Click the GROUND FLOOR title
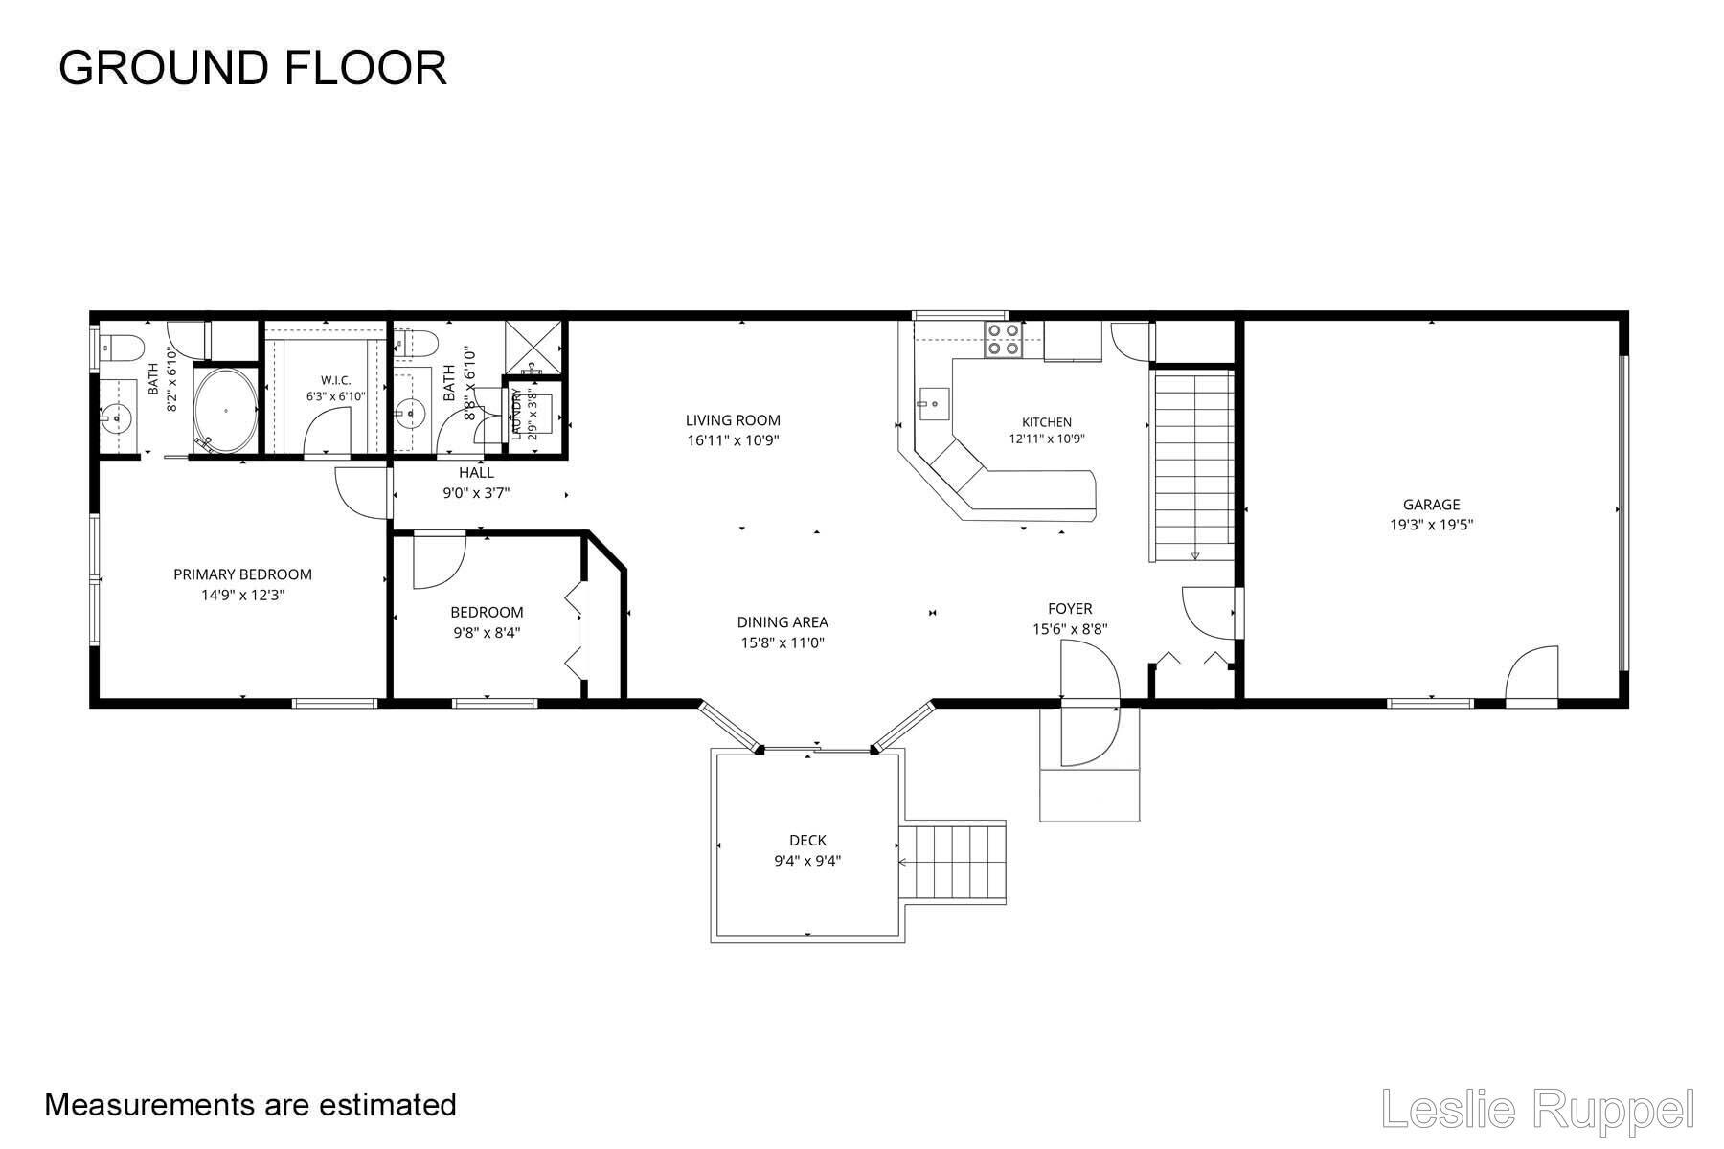pyautogui.click(x=253, y=68)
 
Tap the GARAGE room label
pyautogui.click(x=1431, y=505)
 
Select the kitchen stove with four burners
pyautogui.click(x=1003, y=339)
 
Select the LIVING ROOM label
pyautogui.click(x=733, y=419)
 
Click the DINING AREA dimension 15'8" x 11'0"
pyautogui.click(x=783, y=643)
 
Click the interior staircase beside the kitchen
pyautogui.click(x=1192, y=466)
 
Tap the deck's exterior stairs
pyautogui.click(x=953, y=862)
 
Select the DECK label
pyautogui.click(x=808, y=841)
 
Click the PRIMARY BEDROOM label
pyautogui.click(x=242, y=574)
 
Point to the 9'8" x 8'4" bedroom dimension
pyautogui.click(x=488, y=633)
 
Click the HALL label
pyautogui.click(x=476, y=473)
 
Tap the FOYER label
pyautogui.click(x=1070, y=609)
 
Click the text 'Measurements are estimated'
pyautogui.click(x=250, y=1105)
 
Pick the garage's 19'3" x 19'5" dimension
pyautogui.click(x=1431, y=525)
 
